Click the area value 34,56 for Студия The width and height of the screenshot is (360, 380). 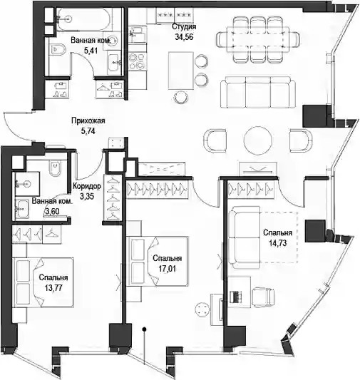184,37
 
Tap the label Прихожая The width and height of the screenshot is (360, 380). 88,120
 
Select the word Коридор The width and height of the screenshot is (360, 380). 87,186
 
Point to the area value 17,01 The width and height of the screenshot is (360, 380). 167,269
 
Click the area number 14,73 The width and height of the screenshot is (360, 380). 277,243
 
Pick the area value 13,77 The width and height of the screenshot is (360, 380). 53,287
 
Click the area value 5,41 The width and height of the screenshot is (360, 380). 91,51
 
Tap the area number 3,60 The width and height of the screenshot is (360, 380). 52,211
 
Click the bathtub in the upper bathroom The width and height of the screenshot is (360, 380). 83,19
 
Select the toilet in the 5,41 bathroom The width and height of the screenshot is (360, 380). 58,49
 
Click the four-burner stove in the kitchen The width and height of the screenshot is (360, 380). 137,61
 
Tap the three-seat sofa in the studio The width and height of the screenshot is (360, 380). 258,92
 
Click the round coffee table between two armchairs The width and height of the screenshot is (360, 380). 258,140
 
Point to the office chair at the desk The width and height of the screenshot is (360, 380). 263,297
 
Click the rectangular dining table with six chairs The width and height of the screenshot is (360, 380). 258,39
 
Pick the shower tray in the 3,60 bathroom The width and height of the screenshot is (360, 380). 26,184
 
